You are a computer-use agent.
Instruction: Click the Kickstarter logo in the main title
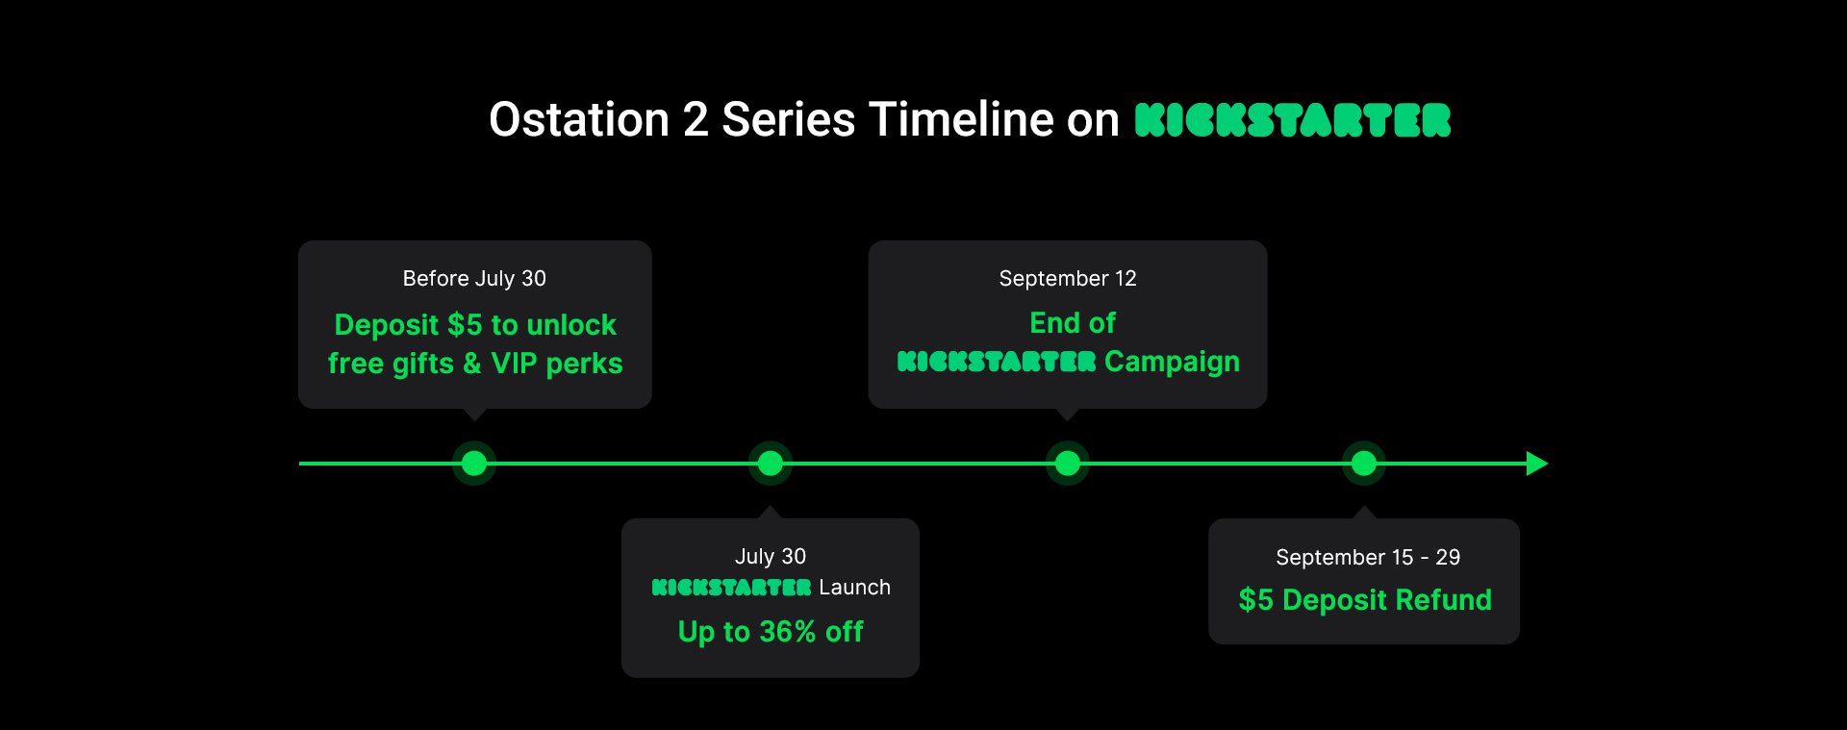tap(1293, 120)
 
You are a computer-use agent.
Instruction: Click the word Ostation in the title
tap(579, 120)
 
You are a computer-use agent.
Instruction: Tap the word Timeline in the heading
tap(961, 120)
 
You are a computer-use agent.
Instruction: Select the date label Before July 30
tap(474, 279)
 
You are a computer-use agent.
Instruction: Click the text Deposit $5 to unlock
tap(475, 325)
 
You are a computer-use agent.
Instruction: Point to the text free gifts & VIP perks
tap(475, 364)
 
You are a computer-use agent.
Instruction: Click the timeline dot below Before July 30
tap(474, 464)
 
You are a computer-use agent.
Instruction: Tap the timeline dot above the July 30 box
tap(771, 464)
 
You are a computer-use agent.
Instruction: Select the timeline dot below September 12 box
tap(1068, 464)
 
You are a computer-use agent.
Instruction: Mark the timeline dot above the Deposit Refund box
tap(1364, 464)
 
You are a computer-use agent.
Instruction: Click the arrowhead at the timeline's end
tap(1537, 464)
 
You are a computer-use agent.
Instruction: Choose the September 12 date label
tap(1068, 279)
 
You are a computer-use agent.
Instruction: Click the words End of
tap(1073, 323)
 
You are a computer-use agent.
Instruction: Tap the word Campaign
tap(1172, 362)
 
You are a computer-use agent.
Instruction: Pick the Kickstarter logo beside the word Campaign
tap(997, 362)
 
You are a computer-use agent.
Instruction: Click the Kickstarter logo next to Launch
tap(732, 588)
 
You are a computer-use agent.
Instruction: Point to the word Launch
tap(855, 588)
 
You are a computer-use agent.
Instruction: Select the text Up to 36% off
tap(771, 632)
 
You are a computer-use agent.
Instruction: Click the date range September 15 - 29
tap(1368, 558)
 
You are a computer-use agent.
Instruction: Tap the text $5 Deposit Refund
tap(1365, 600)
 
